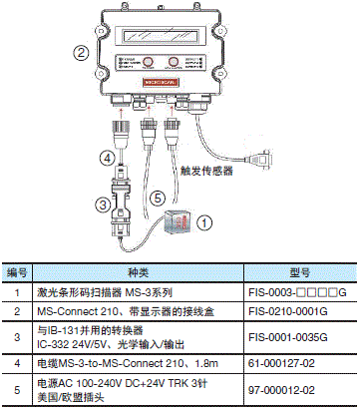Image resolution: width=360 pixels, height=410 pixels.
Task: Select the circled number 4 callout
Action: pos(103,156)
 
